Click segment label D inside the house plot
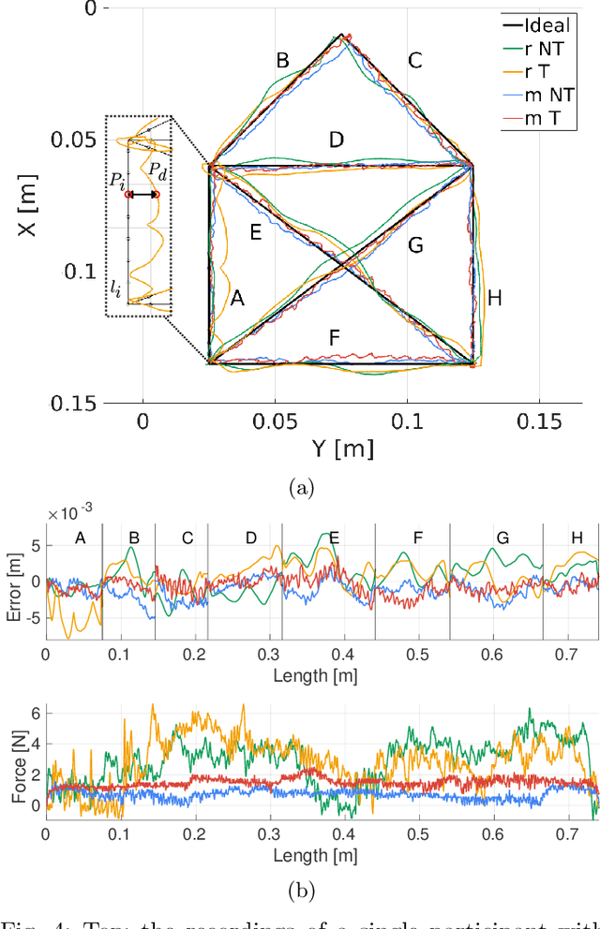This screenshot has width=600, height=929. [x=337, y=140]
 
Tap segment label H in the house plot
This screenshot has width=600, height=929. [x=495, y=299]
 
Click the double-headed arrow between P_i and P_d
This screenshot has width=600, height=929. [x=142, y=195]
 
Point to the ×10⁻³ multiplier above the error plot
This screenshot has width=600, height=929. [x=73, y=513]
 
